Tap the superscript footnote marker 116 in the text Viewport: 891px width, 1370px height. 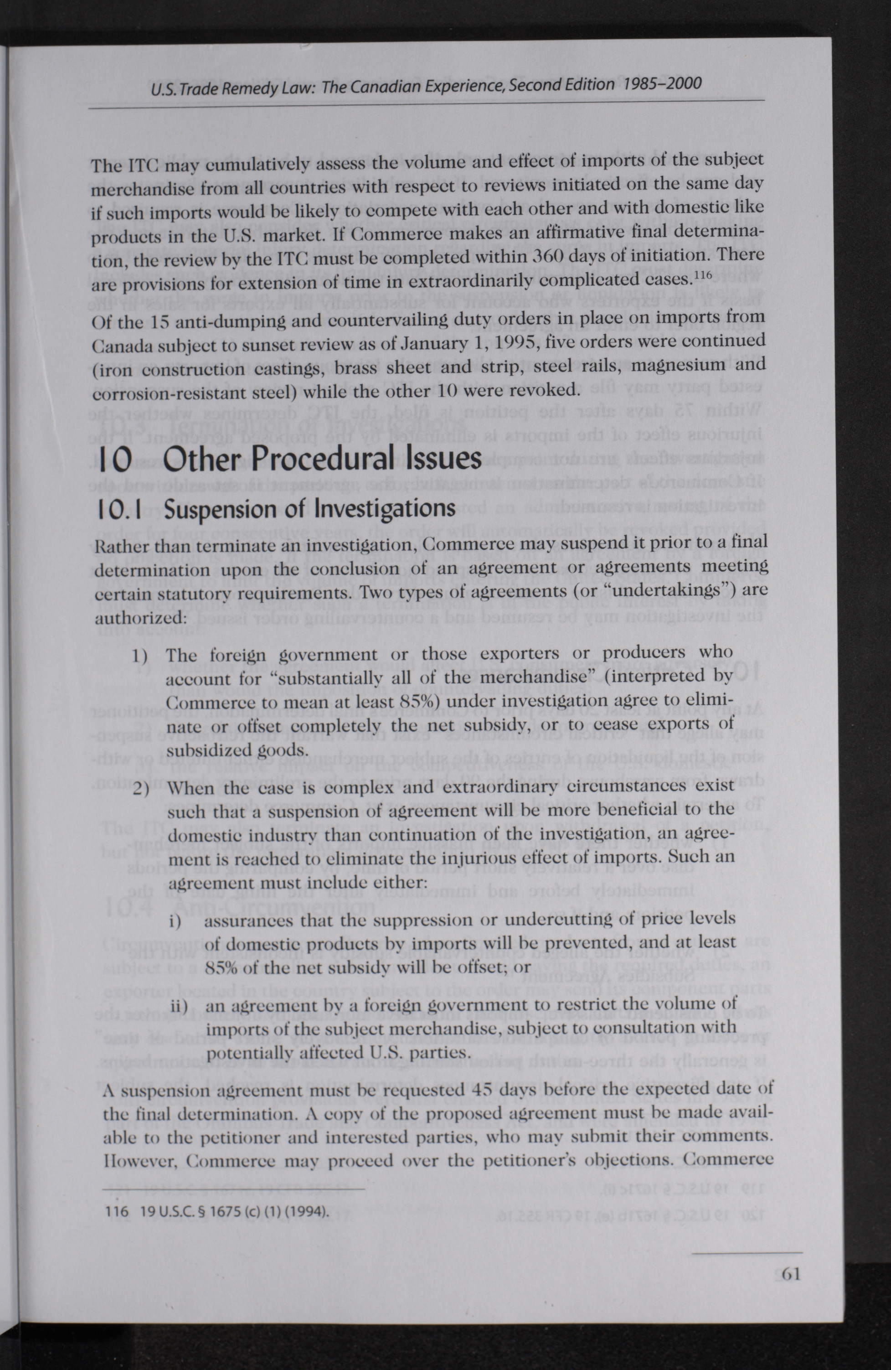[704, 276]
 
